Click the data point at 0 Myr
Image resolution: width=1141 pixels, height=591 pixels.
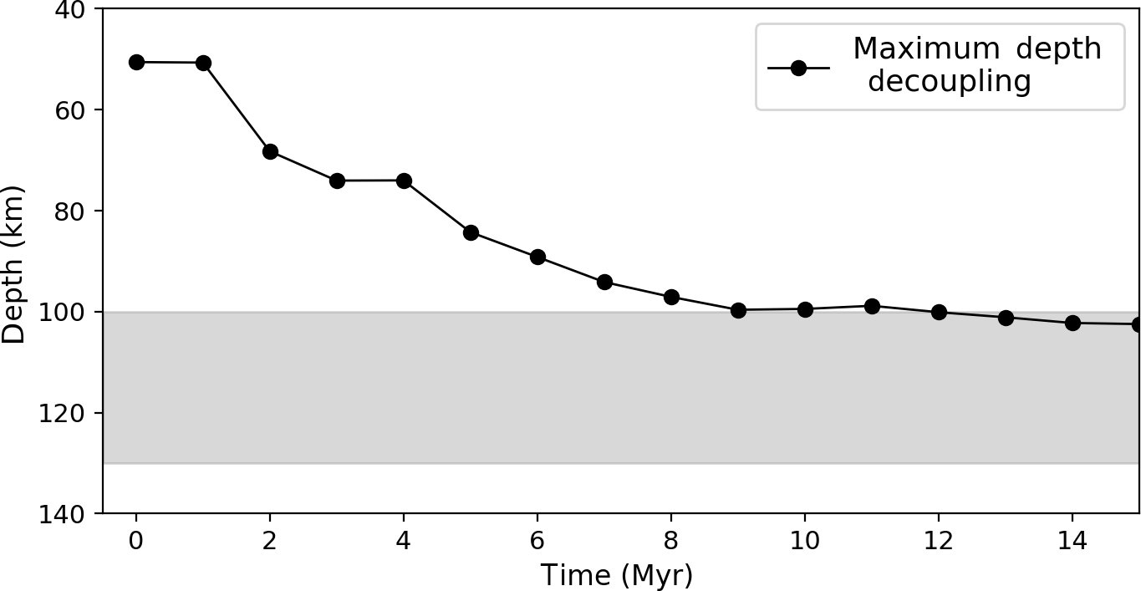point(136,62)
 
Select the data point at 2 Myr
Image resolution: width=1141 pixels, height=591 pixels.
point(270,151)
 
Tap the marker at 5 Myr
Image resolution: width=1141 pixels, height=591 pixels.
point(471,232)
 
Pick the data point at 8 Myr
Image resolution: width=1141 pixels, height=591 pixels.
point(671,297)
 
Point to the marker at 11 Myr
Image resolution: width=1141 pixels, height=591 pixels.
point(872,306)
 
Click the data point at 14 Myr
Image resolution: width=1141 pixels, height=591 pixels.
point(1072,323)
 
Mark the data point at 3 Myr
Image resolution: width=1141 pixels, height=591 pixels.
point(337,181)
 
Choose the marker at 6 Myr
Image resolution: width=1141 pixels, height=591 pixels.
point(537,257)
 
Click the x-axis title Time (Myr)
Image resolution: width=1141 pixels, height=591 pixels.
point(616,575)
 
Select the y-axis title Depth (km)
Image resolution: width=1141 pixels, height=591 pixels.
point(14,264)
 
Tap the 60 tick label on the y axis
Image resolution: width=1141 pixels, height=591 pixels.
point(69,110)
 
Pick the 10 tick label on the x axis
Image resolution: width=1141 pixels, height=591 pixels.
point(805,541)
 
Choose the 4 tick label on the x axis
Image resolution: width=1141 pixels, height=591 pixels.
point(404,541)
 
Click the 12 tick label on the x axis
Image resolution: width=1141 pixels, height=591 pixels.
point(939,541)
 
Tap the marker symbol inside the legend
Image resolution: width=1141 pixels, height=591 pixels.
point(798,68)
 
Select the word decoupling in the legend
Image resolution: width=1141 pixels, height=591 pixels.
point(950,82)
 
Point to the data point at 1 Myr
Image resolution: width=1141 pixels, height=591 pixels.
point(203,63)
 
